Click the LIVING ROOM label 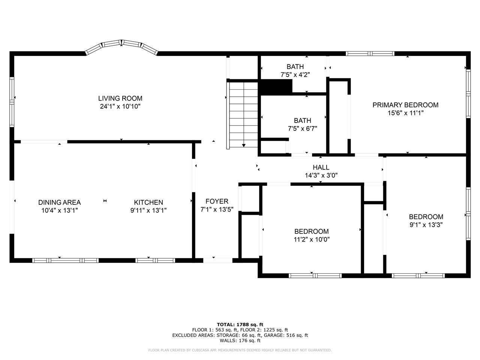(120, 98)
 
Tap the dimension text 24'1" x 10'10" (120, 106)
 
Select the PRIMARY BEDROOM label (405, 105)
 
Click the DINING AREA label (59, 202)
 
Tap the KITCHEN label (148, 202)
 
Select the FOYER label (217, 201)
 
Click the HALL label (321, 168)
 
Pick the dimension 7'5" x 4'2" (295, 75)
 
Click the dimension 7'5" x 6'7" (302, 129)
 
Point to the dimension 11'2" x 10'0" (311, 240)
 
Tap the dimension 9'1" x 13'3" (426, 225)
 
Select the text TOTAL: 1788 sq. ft (240, 324)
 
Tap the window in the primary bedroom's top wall (370, 54)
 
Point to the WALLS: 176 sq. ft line (240, 340)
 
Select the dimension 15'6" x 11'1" (405, 113)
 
